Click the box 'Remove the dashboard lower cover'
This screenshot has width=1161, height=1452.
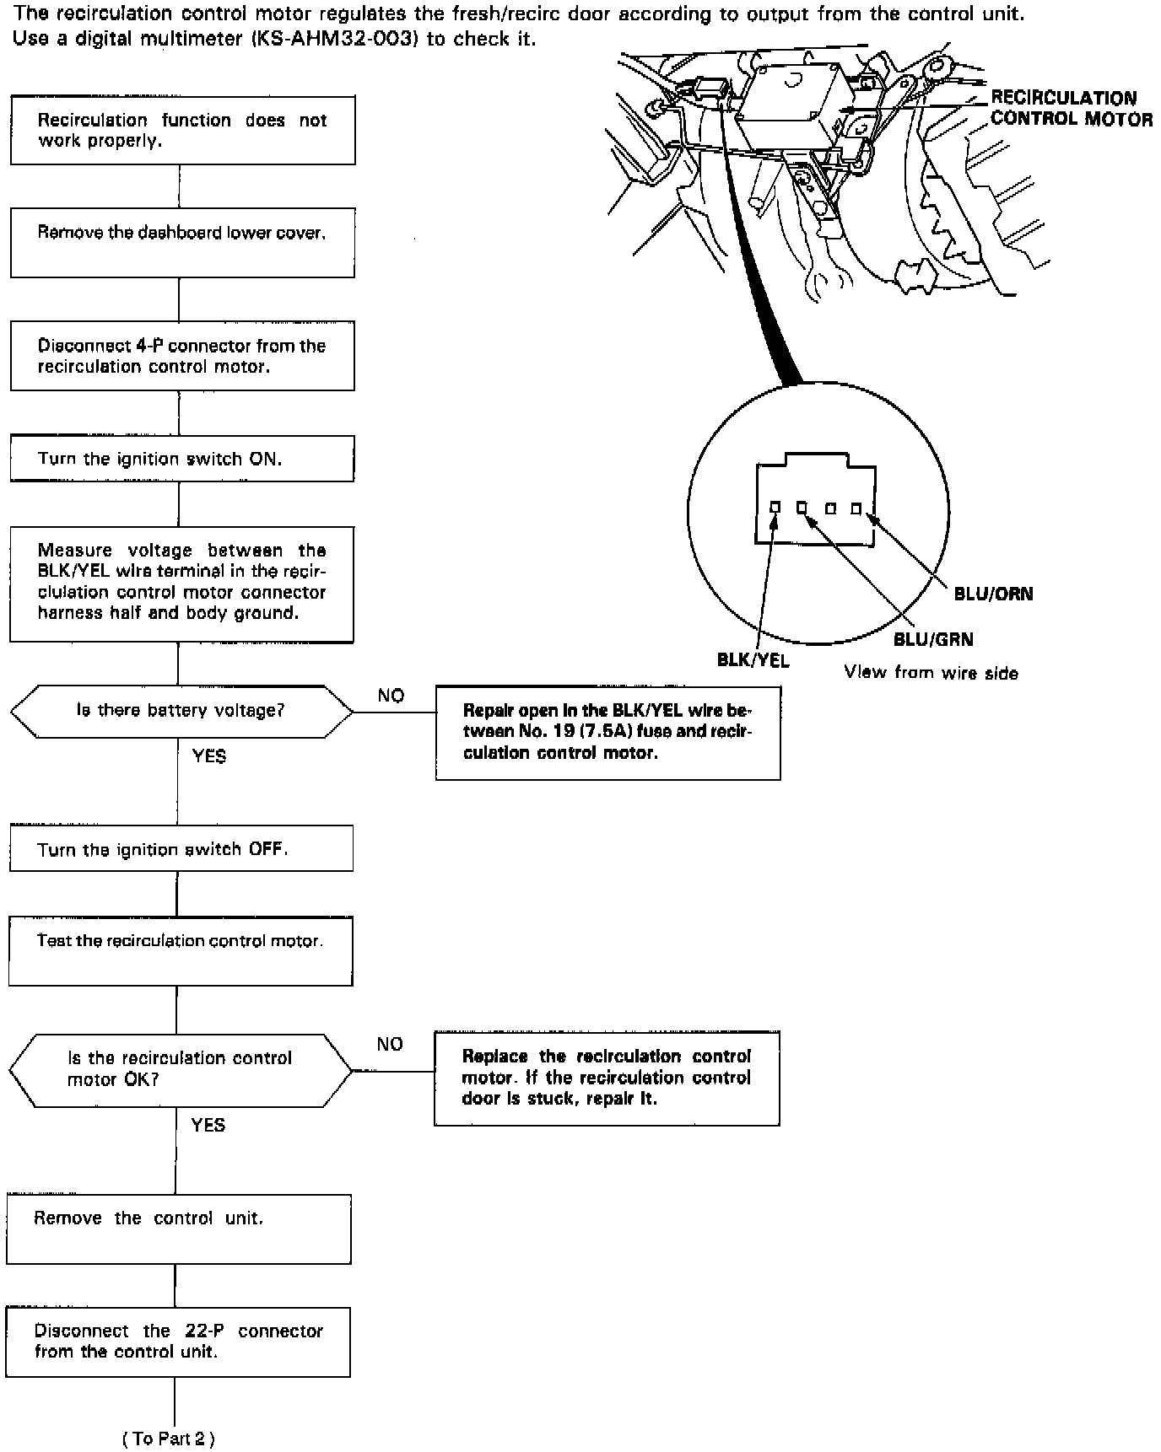182,243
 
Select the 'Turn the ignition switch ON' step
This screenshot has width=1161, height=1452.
182,459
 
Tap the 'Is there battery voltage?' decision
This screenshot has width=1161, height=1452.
181,711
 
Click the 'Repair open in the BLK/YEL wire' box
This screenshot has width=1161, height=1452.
607,732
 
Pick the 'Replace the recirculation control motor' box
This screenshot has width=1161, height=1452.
607,1078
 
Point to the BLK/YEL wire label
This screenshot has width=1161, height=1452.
753,660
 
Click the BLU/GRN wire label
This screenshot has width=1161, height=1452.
933,639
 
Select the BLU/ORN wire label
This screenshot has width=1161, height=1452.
993,594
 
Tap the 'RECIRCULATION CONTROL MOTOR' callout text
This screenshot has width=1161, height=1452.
1070,109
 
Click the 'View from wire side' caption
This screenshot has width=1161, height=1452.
931,673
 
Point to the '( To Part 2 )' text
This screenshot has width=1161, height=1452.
169,1439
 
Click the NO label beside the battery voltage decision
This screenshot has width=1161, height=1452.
391,696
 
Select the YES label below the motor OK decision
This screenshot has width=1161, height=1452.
208,1125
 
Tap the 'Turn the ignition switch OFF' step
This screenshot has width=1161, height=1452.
181,848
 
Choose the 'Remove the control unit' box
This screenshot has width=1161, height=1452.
178,1229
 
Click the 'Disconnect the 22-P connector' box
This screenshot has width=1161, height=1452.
178,1342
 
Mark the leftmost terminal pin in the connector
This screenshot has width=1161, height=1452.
775,508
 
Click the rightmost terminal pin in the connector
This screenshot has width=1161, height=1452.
856,508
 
